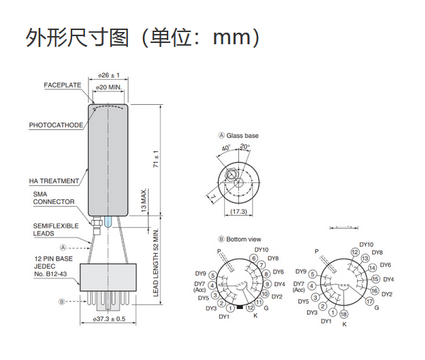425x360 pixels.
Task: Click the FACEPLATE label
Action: (63, 85)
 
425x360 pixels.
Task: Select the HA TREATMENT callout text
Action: (54, 181)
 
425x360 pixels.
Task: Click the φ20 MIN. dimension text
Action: (109, 88)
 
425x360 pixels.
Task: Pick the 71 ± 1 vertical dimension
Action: (156, 159)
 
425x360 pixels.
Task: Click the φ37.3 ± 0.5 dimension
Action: (109, 318)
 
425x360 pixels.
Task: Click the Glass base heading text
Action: (242, 135)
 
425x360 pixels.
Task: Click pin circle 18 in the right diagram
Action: (345, 314)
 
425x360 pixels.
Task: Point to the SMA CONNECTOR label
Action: (54, 198)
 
